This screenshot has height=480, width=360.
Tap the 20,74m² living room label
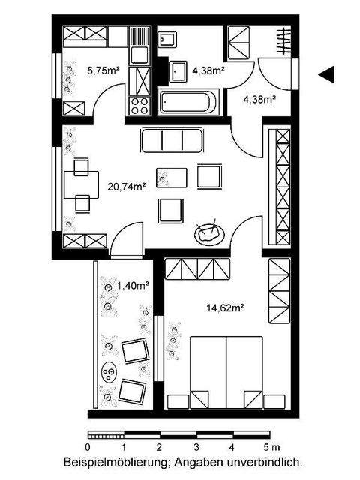click(x=126, y=187)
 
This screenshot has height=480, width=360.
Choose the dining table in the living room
click(x=81, y=184)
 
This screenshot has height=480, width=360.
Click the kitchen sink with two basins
click(x=139, y=46)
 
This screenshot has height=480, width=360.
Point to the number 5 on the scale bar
click(x=266, y=448)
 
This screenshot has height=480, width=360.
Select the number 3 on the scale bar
click(x=196, y=448)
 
